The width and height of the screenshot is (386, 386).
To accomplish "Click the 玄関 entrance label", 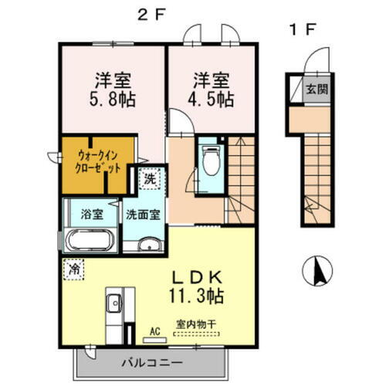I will tap(318, 89).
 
